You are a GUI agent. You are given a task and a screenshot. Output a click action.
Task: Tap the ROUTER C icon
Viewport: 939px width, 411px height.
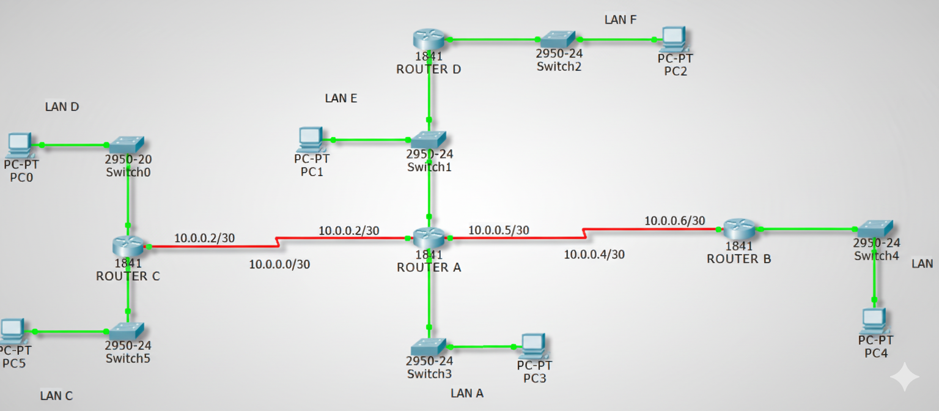click(x=128, y=246)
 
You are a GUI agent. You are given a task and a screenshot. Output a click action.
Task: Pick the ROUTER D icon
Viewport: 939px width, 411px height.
click(x=429, y=39)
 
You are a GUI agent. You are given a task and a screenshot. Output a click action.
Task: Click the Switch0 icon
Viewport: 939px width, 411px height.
click(x=127, y=145)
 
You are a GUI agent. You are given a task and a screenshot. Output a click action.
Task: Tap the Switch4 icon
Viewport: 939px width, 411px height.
click(x=875, y=229)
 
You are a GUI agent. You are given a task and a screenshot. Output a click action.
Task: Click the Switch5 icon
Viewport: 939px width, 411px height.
click(x=127, y=331)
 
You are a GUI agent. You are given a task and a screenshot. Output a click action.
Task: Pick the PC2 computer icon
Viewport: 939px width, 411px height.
click(x=674, y=39)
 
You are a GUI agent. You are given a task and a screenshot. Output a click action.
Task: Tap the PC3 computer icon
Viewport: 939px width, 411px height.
click(x=534, y=346)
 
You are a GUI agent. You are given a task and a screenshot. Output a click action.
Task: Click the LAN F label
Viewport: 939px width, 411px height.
click(x=620, y=20)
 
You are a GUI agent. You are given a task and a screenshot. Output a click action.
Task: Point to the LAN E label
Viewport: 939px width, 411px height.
click(x=341, y=98)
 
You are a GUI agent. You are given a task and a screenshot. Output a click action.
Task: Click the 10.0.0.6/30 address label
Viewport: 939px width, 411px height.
click(x=675, y=220)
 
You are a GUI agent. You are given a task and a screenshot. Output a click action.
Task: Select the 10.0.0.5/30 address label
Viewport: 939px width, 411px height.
click(x=499, y=230)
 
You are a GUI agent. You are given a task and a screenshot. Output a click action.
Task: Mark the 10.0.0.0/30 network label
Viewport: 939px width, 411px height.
click(x=279, y=264)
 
